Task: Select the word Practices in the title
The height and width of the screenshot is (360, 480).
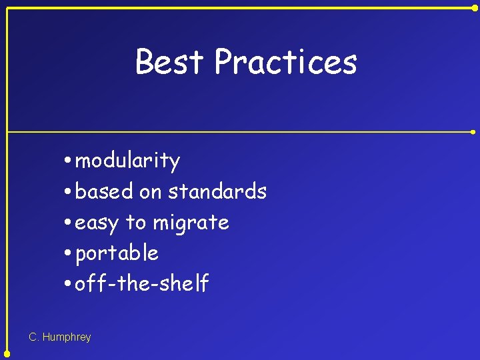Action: pyautogui.click(x=285, y=62)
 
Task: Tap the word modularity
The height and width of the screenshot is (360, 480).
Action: pyautogui.click(x=127, y=161)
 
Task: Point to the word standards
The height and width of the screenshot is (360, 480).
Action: pyautogui.click(x=217, y=192)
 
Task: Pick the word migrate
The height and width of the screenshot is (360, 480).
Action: pyautogui.click(x=191, y=223)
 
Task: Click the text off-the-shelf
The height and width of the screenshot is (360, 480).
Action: pyautogui.click(x=142, y=284)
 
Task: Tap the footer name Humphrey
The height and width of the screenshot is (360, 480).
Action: pyautogui.click(x=66, y=337)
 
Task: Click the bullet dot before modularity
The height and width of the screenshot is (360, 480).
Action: pyautogui.click(x=69, y=161)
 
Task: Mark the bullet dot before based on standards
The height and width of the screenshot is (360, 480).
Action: pyautogui.click(x=69, y=192)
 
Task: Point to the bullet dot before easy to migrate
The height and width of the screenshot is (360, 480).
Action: pyautogui.click(x=69, y=223)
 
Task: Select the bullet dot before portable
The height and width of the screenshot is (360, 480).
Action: pyautogui.click(x=69, y=253)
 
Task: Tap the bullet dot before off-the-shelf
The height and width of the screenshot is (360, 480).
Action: pyautogui.click(x=69, y=284)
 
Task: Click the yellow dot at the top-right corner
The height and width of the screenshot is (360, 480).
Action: pyautogui.click(x=475, y=7)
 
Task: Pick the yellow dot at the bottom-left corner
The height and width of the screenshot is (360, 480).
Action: pyautogui.click(x=7, y=354)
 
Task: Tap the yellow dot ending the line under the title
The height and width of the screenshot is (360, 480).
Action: pyautogui.click(x=474, y=132)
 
